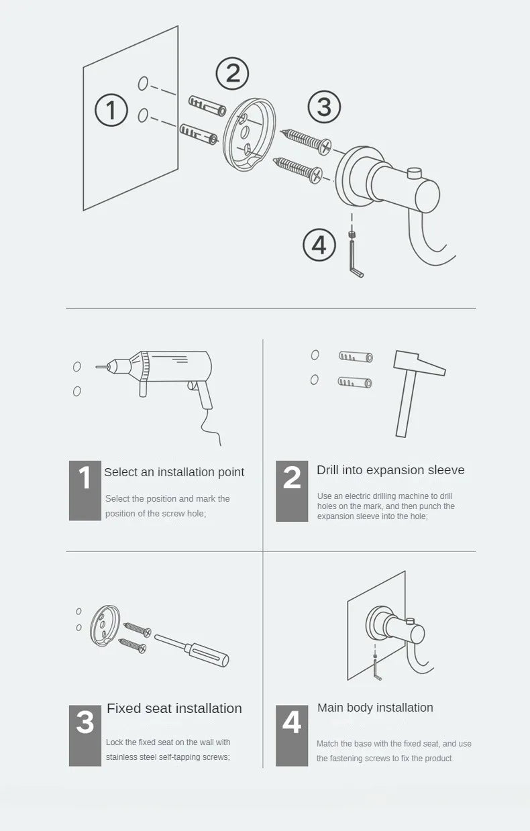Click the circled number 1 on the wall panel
111,110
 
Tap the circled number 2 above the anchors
232,74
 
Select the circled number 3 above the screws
324,107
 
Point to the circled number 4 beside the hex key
319,245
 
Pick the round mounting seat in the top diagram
249,134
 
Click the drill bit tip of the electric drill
97,367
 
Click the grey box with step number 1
85,490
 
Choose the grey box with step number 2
292,491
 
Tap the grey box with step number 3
85,736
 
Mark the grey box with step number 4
292,736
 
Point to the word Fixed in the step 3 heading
124,708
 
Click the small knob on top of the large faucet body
415,173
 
